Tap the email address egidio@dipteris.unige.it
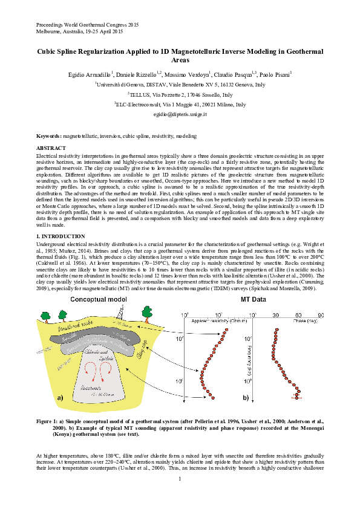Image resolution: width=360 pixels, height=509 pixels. pos(180,114)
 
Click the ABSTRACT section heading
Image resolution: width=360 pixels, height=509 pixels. pos(51,148)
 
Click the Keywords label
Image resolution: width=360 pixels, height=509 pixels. pos(48,137)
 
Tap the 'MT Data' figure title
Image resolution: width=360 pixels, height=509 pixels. pos(254,299)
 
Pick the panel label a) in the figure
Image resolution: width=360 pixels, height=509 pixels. pos(60,398)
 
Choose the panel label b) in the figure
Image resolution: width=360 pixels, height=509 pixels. pos(246,398)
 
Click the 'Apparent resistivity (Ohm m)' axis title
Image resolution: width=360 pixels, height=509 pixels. pos(214,320)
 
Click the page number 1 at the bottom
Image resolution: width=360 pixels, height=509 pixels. pos(180,479)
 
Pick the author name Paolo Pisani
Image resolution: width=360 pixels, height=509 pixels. pos(275,73)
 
